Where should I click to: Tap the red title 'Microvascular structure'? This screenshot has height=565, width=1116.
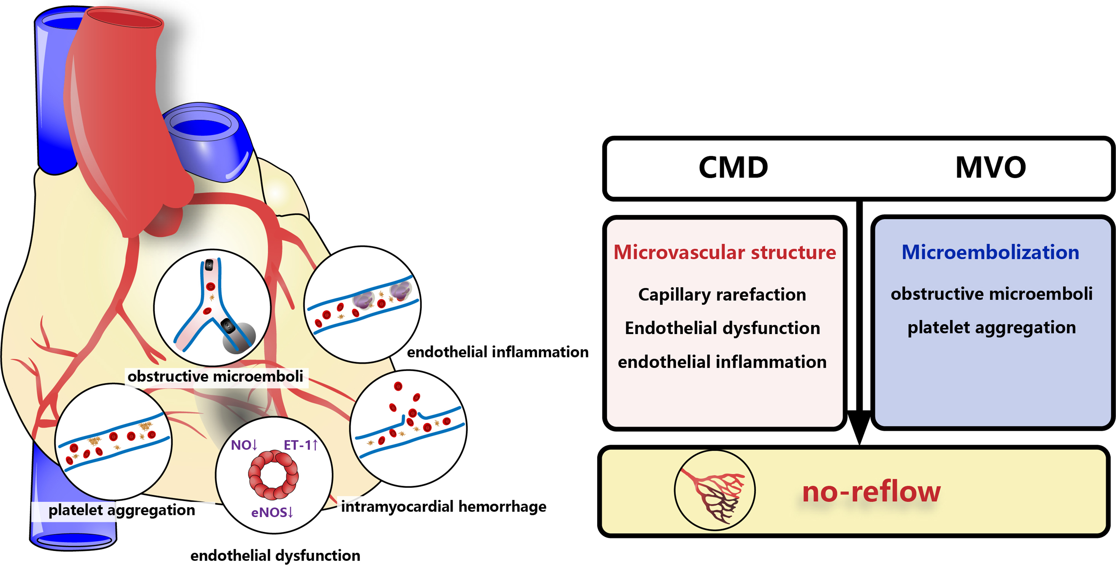click(724, 252)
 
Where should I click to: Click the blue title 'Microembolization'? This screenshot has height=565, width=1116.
click(990, 252)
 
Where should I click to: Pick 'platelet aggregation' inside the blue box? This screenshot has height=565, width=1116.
click(991, 327)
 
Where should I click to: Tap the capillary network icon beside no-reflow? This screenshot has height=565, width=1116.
click(714, 490)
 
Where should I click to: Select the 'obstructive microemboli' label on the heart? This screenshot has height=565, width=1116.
click(215, 376)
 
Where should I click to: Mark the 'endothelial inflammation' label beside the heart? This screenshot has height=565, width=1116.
click(497, 352)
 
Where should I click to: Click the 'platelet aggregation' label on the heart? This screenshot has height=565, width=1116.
click(121, 510)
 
